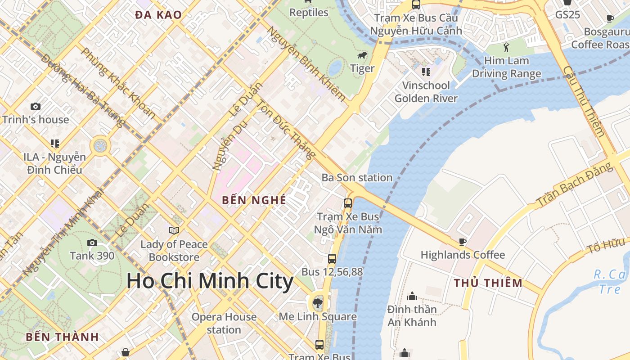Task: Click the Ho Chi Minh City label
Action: [x=210, y=281]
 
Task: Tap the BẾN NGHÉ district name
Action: [x=254, y=200]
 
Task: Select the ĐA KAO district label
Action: [x=158, y=15]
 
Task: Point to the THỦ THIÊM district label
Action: [x=488, y=283]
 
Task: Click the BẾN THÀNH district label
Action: [x=62, y=337]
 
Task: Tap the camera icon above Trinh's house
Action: [x=36, y=107]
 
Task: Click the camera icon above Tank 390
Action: [x=92, y=243]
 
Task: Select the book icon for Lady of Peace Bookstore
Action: [x=174, y=231]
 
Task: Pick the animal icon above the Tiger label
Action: [x=362, y=56]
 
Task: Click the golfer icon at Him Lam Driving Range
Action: [x=506, y=47]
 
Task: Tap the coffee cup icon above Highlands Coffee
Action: [x=462, y=242]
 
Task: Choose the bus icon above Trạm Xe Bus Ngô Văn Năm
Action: [x=348, y=203]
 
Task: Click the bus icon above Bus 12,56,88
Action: [x=332, y=259]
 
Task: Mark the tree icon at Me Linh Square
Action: [x=318, y=302]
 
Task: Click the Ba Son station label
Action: [x=357, y=178]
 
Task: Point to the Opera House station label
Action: [x=224, y=323]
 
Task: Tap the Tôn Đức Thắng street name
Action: [x=286, y=129]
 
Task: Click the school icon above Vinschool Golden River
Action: [x=426, y=72]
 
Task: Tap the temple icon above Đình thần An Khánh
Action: [x=412, y=296]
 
